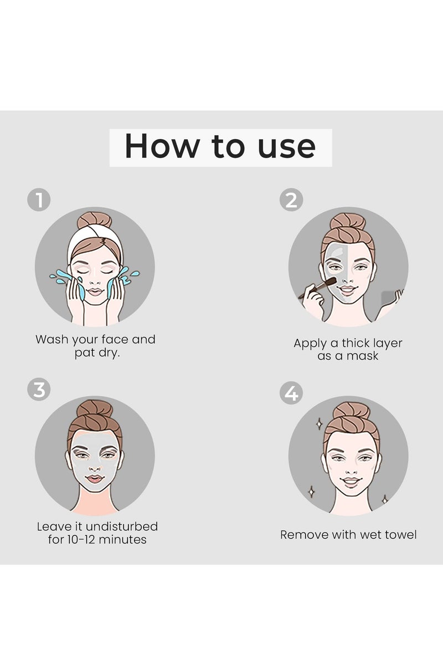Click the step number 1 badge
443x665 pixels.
39,200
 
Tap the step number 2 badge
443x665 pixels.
291,200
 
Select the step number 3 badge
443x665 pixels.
39,390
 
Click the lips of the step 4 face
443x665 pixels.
350,480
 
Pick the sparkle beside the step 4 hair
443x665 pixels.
318,424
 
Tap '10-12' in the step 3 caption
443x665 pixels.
84,539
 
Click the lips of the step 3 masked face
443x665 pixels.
95,478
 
